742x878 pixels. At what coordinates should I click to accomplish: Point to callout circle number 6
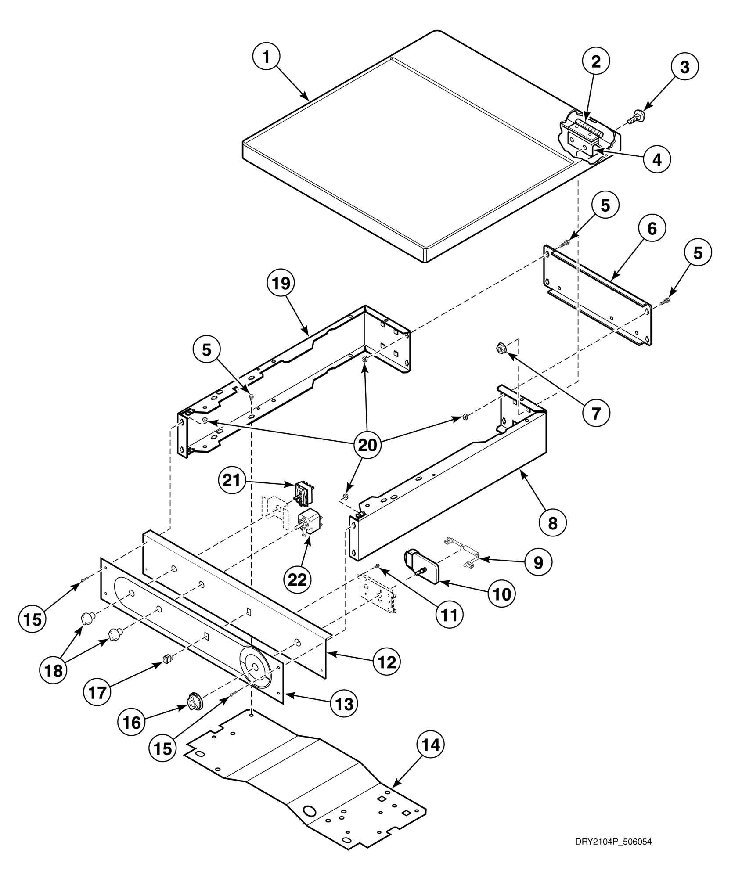[x=652, y=229]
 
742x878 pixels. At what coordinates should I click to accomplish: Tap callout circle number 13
[x=343, y=704]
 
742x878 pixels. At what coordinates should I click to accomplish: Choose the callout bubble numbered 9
[x=538, y=562]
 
